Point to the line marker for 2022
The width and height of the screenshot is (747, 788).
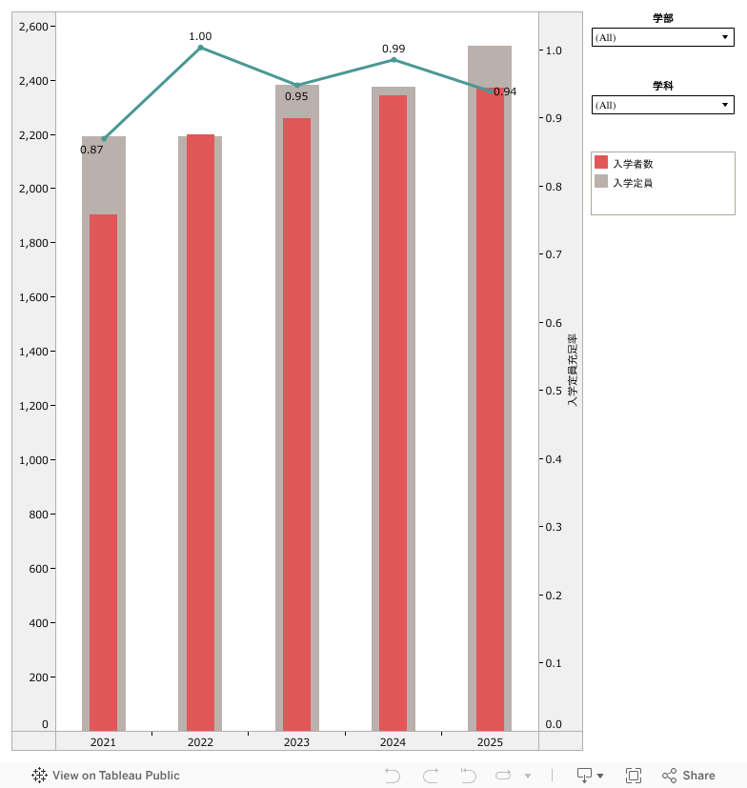tap(200, 48)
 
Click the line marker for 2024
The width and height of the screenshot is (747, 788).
tap(394, 60)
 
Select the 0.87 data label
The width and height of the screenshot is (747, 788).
tap(91, 150)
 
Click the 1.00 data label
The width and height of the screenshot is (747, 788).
tap(200, 36)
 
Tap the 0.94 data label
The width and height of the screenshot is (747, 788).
tap(505, 91)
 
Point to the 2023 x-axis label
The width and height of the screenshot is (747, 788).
tap(296, 742)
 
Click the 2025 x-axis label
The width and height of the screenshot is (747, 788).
tap(490, 742)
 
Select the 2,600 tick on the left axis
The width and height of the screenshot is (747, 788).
tap(37, 26)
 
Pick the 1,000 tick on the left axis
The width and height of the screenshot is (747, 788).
tap(37, 460)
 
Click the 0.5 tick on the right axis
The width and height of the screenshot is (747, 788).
tap(554, 391)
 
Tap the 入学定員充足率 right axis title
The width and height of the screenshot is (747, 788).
tap(573, 371)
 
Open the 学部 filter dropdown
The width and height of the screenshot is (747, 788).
tap(662, 37)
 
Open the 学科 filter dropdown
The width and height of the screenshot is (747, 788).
tap(662, 105)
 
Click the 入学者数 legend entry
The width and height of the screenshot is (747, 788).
tap(632, 164)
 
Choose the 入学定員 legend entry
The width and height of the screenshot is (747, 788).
tap(632, 182)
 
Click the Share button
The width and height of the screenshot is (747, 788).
tap(689, 776)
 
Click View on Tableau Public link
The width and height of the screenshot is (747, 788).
tap(106, 776)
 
